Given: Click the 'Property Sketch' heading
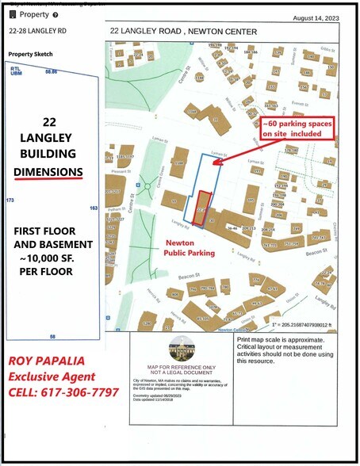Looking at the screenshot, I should (29, 55).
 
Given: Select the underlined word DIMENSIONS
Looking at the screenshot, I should (50, 171).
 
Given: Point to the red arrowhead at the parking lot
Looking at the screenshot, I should (216, 162).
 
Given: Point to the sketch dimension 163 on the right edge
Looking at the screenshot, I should (94, 208).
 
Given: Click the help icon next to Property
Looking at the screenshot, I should (55, 15).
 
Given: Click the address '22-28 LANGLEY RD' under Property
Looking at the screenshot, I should (37, 31).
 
